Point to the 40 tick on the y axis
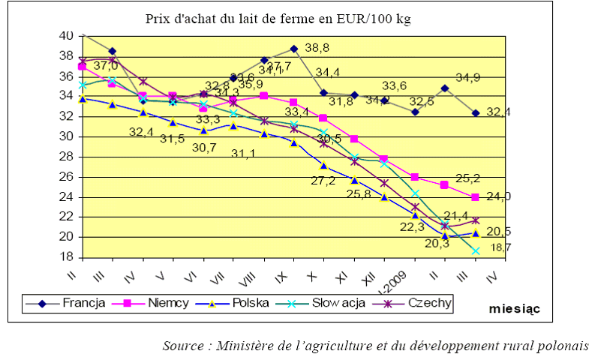tap(66, 36)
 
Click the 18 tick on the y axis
tap(66, 256)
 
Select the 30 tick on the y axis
tap(66, 136)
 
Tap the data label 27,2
tap(323, 181)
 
